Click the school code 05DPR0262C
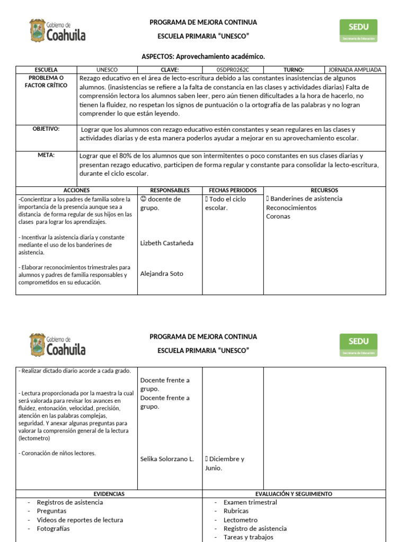(233, 70)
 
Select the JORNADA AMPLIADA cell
(355, 70)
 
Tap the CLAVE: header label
(170, 70)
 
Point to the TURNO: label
(294, 70)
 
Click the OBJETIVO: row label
(46, 129)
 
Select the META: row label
(46, 156)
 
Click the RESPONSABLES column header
(170, 190)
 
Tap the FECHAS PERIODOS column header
(233, 190)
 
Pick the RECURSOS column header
(324, 190)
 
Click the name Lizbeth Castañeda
(167, 243)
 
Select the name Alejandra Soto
(162, 274)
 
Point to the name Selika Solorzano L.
(167, 459)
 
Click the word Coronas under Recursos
(278, 216)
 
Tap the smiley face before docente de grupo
(143, 199)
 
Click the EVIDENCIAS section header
(109, 494)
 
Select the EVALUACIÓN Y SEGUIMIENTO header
(294, 494)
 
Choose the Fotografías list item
(53, 529)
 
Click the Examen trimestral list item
(250, 502)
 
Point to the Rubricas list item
(236, 511)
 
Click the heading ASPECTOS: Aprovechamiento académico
(203, 56)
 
